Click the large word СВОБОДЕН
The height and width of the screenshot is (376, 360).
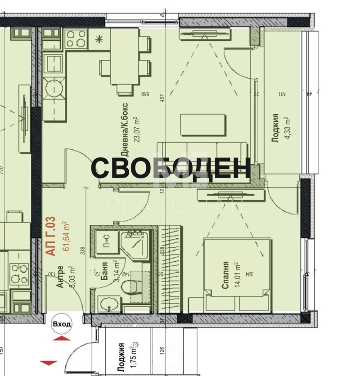click(171, 168)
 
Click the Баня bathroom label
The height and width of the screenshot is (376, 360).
click(104, 272)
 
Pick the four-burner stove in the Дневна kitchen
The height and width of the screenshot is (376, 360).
click(76, 39)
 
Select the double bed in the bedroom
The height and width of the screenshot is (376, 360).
click(238, 274)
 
